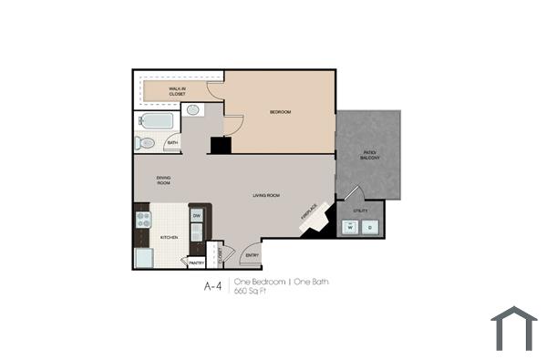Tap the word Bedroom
tap(280, 112)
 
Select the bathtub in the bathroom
tap(158, 121)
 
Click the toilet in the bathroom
tap(146, 143)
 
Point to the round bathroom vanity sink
tap(193, 110)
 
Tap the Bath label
tap(171, 143)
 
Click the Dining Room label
tap(163, 180)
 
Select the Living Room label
tap(265, 195)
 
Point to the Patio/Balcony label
tap(370, 156)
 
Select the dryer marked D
tap(370, 225)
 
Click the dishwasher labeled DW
tap(196, 216)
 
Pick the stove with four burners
tap(143, 219)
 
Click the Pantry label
tap(196, 262)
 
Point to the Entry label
tap(252, 255)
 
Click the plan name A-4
tap(212, 286)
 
